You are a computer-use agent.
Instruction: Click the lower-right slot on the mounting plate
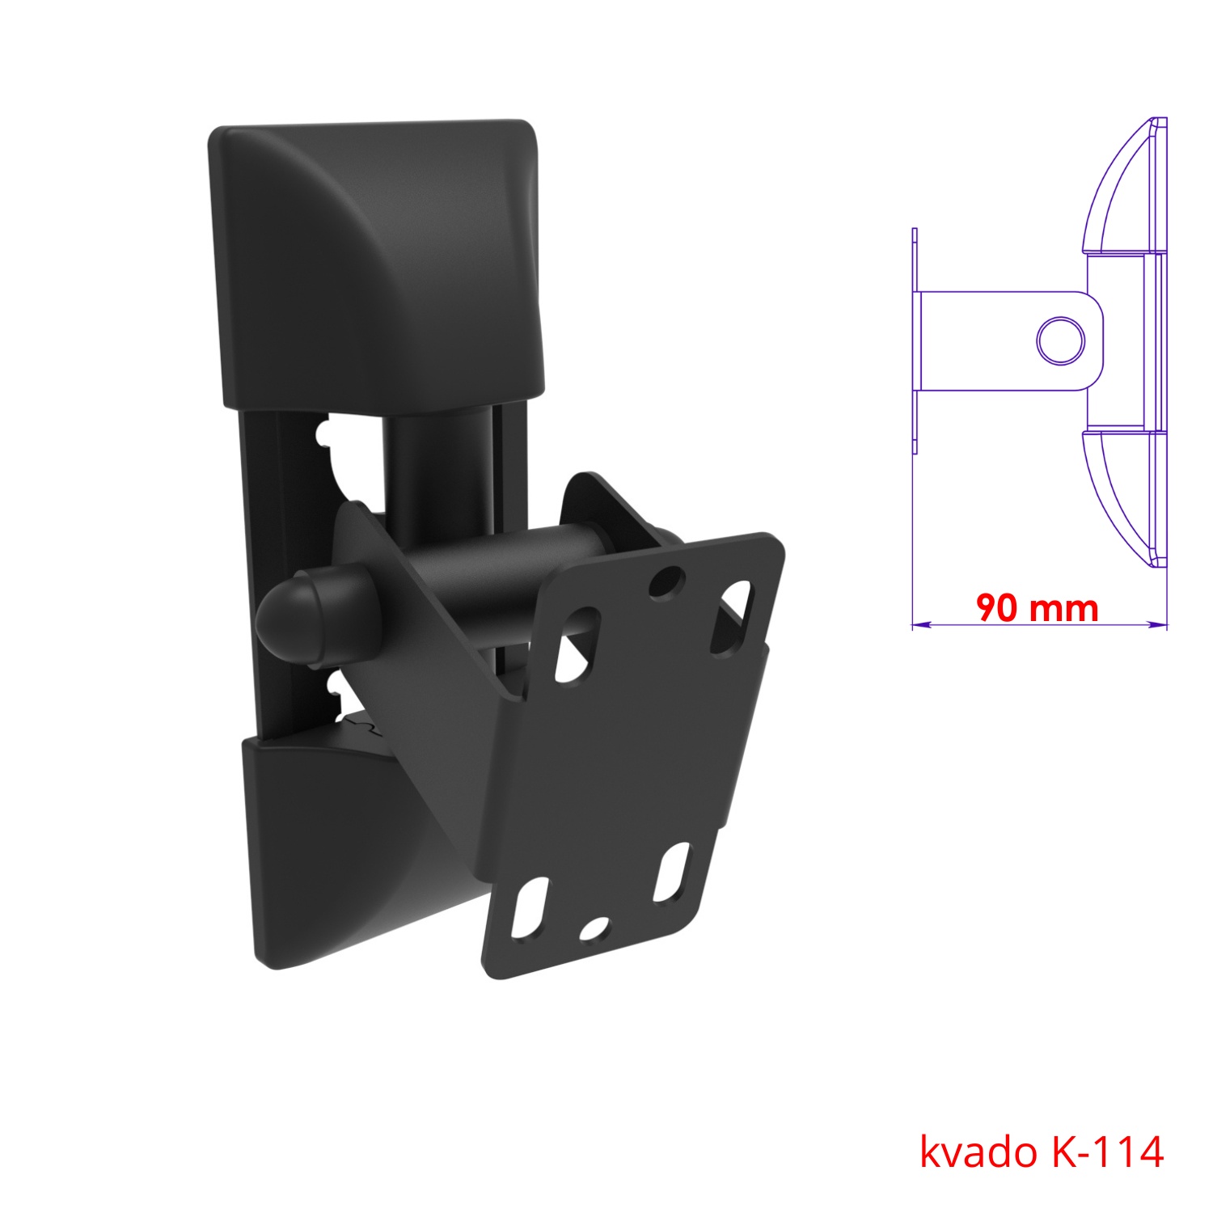(674, 873)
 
